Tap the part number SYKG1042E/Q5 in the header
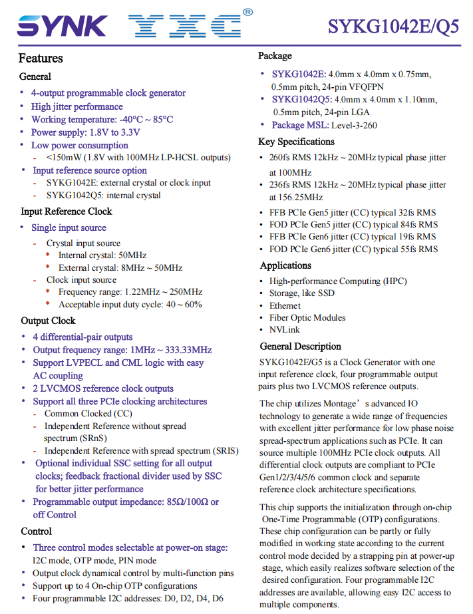click(x=393, y=26)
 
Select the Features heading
click(x=41, y=59)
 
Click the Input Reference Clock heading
click(x=67, y=212)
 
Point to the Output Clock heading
click(x=48, y=321)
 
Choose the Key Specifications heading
click(x=296, y=142)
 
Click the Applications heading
click(x=285, y=265)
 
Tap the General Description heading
click(x=300, y=347)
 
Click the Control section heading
click(x=36, y=532)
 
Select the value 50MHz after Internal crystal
click(x=132, y=255)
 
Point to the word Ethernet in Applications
click(x=285, y=306)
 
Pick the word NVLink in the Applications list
click(x=284, y=330)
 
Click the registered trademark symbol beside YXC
click(x=247, y=12)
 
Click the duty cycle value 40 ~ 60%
click(x=184, y=305)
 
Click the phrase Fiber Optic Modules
click(x=307, y=318)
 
